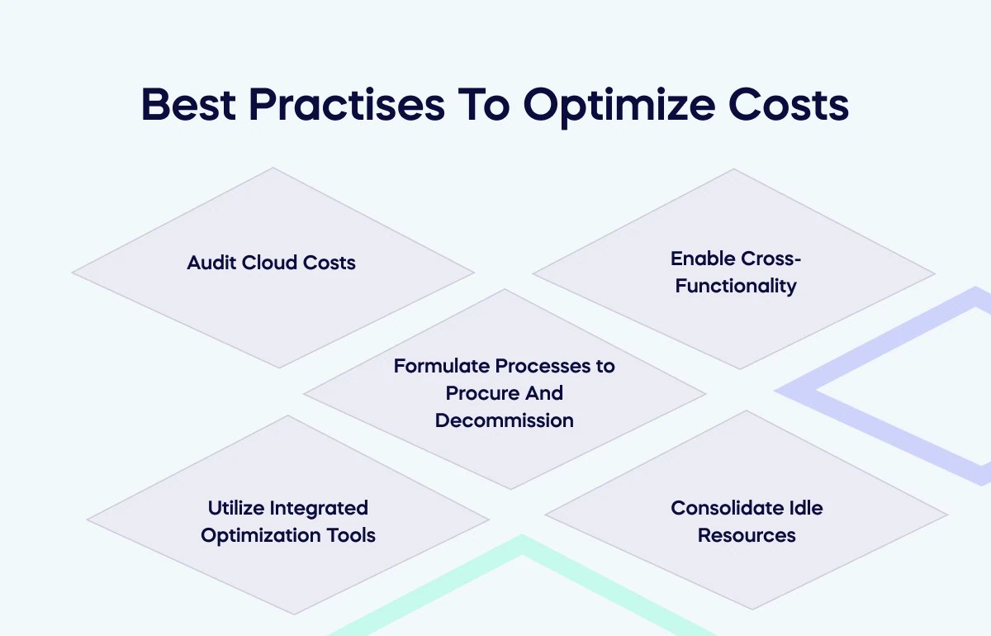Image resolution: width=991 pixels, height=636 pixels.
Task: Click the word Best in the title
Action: (x=187, y=105)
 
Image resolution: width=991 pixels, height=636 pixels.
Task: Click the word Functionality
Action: (x=736, y=286)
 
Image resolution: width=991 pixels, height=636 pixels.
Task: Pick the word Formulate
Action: (x=442, y=365)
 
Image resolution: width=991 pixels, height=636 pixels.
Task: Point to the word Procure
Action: (x=482, y=392)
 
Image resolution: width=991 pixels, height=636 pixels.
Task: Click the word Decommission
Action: (x=504, y=420)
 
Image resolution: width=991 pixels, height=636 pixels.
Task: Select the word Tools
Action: (x=351, y=534)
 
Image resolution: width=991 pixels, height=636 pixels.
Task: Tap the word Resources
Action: (x=747, y=534)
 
